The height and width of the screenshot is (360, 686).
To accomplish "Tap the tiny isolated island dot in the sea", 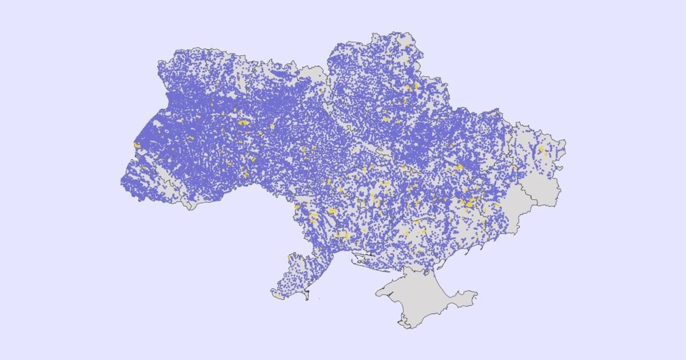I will tap(319, 298).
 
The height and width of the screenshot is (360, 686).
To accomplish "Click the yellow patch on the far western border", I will tap(137, 145).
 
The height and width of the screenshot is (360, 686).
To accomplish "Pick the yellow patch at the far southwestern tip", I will tap(277, 296).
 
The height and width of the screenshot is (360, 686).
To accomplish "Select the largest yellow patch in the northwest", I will tap(244, 122).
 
